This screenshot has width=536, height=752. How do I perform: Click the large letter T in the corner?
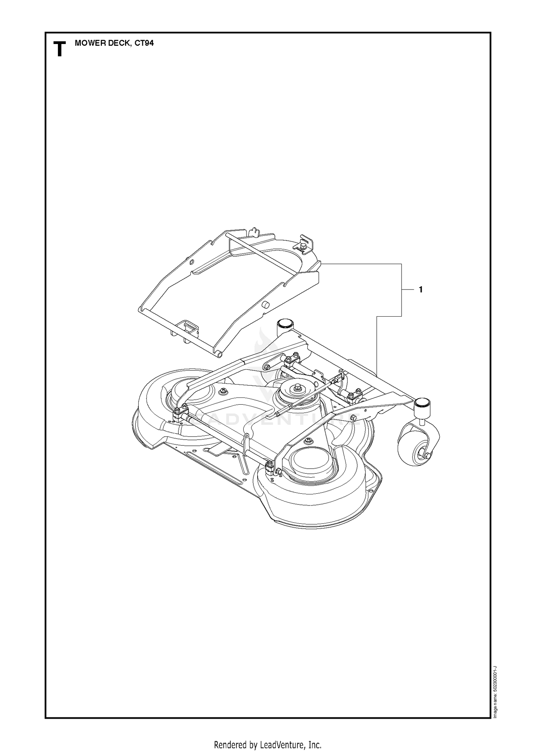click(x=60, y=49)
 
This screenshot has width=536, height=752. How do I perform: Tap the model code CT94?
click(x=144, y=43)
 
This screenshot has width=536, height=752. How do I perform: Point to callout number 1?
click(x=421, y=290)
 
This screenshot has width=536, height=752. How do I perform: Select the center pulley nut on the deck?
click(x=297, y=386)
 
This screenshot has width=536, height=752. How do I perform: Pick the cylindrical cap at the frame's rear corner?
click(x=284, y=326)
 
